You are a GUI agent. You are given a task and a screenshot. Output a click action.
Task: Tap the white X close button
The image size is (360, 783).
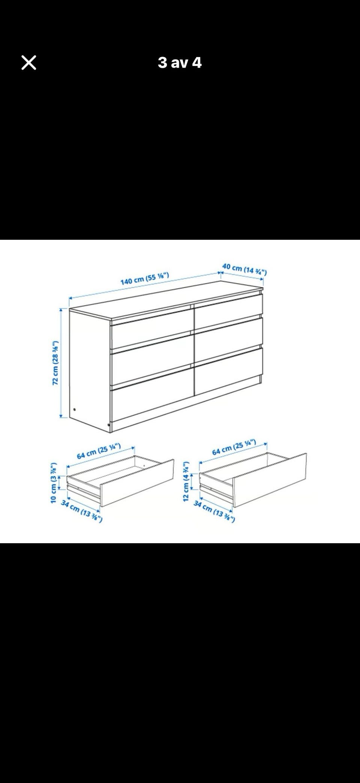[x=29, y=63]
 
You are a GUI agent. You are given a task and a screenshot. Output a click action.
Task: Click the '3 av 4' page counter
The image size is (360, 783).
[x=180, y=63]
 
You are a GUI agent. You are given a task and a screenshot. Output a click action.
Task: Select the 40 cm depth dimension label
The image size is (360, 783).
[x=244, y=269]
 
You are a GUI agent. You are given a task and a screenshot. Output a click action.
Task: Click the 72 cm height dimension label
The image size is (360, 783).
[x=55, y=363]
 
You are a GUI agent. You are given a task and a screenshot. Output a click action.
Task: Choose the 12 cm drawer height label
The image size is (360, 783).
[x=186, y=476]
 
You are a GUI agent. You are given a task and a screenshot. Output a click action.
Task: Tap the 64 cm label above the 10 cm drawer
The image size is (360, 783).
[x=99, y=451]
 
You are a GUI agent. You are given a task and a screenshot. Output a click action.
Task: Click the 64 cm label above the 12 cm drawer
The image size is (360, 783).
[x=234, y=447]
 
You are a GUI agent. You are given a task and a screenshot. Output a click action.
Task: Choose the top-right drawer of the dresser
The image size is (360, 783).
[x=228, y=307]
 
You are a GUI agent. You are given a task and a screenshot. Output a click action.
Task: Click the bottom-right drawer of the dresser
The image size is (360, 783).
[x=228, y=371]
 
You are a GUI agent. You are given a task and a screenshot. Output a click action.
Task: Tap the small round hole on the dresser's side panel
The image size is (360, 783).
[x=75, y=410]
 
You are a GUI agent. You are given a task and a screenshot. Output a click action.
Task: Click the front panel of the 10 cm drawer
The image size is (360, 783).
[x=137, y=483]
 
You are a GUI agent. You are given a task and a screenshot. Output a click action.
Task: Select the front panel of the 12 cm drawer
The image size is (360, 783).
[x=270, y=480]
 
